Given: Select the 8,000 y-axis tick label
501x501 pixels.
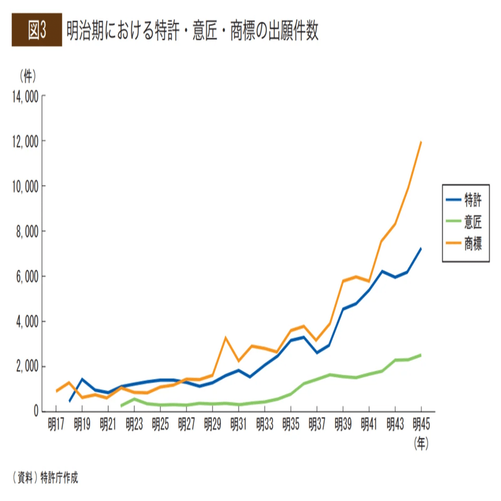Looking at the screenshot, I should click(x=23, y=231).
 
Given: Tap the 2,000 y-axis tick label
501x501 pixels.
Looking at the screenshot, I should click(x=23, y=366).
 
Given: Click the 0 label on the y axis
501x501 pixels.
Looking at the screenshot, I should click(x=35, y=411).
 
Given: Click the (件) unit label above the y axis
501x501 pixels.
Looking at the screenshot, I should click(x=27, y=75).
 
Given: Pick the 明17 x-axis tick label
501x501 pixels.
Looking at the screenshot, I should click(x=56, y=425).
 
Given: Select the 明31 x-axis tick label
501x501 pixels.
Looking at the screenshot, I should click(x=238, y=425).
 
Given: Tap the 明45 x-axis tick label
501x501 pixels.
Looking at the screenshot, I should click(x=421, y=425).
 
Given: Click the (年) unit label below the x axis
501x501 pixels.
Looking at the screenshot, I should click(x=421, y=443).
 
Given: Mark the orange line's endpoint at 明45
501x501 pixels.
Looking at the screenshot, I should click(x=421, y=141).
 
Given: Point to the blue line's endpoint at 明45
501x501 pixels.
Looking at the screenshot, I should click(x=421, y=248).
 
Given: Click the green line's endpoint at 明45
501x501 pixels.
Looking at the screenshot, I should click(x=421, y=355).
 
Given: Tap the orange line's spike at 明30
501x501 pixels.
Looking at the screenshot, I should click(x=226, y=338).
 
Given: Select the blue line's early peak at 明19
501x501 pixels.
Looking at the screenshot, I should click(x=82, y=379).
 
